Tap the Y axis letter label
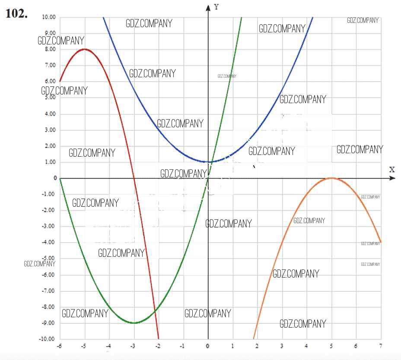(216, 7)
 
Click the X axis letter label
(391, 169)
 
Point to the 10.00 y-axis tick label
(49, 17)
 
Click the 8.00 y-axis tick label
(50, 49)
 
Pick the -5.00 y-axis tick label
(49, 259)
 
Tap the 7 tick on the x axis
(381, 346)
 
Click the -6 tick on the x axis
(60, 346)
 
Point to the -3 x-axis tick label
(134, 346)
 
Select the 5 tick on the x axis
(331, 346)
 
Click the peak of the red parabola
(85, 49)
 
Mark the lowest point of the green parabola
(134, 323)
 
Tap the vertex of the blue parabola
(209, 162)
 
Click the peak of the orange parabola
(331, 178)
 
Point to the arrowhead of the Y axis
(208, 6)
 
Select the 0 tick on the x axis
(208, 346)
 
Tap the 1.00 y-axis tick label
(50, 162)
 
